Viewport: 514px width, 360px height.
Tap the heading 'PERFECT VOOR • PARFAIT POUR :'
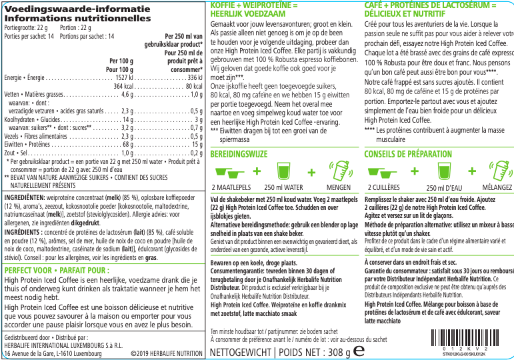tap(57, 271)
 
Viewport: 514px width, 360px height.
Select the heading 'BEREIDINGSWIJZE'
tap(239, 154)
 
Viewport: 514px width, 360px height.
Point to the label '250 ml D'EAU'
tap(444, 189)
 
